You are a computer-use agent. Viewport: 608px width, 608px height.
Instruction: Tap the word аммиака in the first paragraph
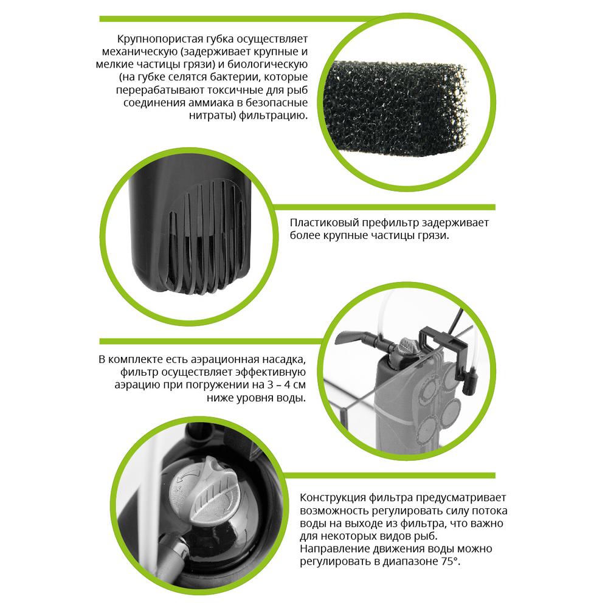coord(213,103)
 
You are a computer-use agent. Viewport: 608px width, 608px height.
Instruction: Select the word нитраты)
coord(212,116)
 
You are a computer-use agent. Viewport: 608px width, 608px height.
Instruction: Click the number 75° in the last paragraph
coord(451,561)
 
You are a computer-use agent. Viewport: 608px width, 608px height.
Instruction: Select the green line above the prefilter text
coord(384,207)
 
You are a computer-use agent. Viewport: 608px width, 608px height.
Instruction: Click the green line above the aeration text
coord(212,342)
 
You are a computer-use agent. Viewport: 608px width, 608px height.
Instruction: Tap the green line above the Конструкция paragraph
coord(389,475)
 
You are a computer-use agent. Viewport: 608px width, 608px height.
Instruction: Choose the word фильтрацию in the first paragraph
coord(273,116)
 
